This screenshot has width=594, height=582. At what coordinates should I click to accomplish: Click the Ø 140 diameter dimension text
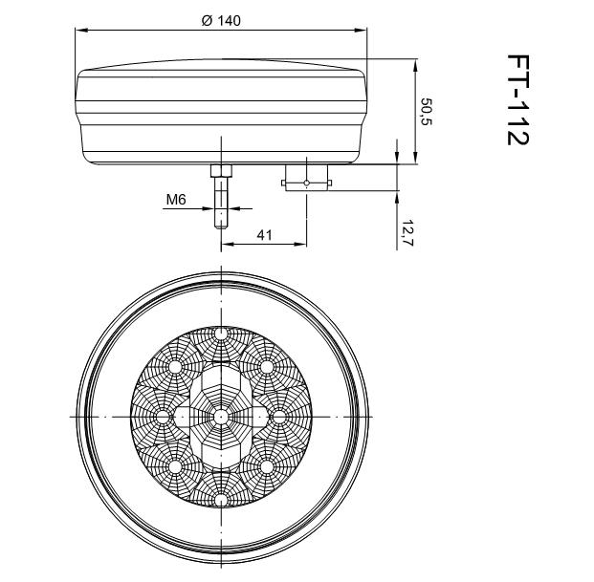(221, 21)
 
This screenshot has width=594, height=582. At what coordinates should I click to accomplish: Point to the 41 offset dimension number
(264, 234)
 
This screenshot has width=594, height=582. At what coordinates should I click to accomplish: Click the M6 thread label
(175, 200)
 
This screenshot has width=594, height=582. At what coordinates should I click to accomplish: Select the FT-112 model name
(517, 99)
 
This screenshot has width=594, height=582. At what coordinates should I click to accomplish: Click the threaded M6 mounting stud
(221, 203)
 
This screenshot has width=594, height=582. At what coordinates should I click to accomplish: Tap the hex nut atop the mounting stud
(221, 171)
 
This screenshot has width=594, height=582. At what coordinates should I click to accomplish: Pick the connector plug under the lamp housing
(305, 178)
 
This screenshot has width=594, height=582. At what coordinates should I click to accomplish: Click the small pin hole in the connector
(305, 182)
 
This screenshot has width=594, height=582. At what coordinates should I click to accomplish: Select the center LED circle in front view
(221, 417)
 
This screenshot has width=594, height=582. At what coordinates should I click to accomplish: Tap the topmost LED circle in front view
(221, 334)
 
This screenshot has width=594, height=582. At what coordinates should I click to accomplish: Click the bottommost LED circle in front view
(221, 500)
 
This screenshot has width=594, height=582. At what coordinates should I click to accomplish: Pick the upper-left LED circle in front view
(176, 367)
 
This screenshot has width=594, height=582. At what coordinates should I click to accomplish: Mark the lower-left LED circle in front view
(176, 466)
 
